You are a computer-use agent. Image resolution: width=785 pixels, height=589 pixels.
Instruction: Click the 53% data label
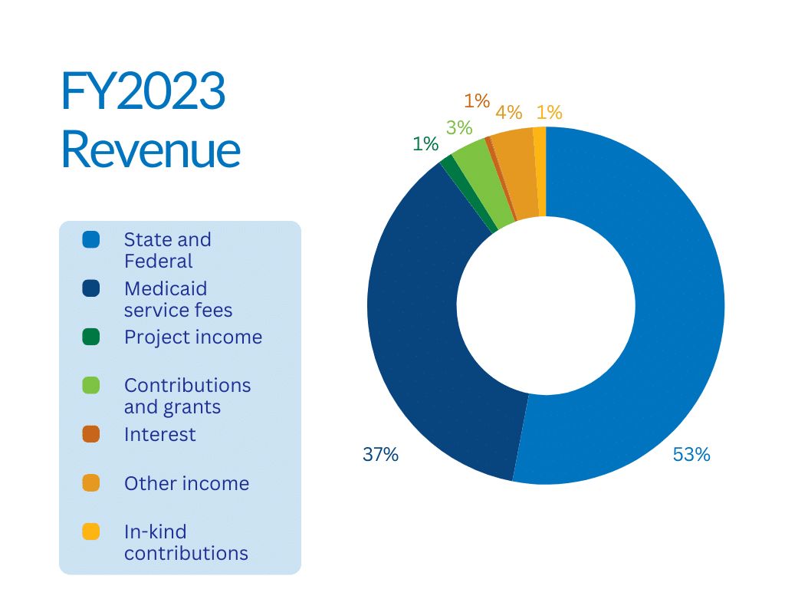pyautogui.click(x=691, y=455)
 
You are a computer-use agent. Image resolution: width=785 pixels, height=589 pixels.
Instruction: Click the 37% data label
pyautogui.click(x=380, y=455)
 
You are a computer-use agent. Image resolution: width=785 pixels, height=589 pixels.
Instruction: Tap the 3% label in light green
pyautogui.click(x=459, y=128)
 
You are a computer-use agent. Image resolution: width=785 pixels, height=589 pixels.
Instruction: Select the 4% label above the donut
pyautogui.click(x=508, y=113)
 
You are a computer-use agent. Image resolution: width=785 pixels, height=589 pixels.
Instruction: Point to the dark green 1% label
pyautogui.click(x=425, y=143)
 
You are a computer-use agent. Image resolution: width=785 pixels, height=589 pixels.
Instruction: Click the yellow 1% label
pyautogui.click(x=549, y=113)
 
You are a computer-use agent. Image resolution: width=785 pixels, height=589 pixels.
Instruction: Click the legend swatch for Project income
pyautogui.click(x=91, y=337)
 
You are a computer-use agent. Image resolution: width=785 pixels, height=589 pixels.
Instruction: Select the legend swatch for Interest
pyautogui.click(x=91, y=434)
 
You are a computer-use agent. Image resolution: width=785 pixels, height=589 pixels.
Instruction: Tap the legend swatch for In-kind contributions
pyautogui.click(x=91, y=531)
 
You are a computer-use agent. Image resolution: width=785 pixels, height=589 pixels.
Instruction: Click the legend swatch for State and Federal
pyautogui.click(x=91, y=240)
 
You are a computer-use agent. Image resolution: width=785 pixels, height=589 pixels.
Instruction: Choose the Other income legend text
pyautogui.click(x=186, y=483)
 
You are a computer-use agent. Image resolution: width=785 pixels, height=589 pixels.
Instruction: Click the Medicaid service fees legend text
pyautogui.click(x=178, y=299)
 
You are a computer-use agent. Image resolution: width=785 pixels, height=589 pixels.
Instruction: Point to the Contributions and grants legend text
pyautogui.click(x=187, y=396)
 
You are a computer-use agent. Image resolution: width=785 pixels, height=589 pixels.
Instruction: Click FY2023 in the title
pyautogui.click(x=143, y=93)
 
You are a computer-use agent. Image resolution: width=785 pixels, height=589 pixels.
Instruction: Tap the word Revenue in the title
pyautogui.click(x=150, y=150)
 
